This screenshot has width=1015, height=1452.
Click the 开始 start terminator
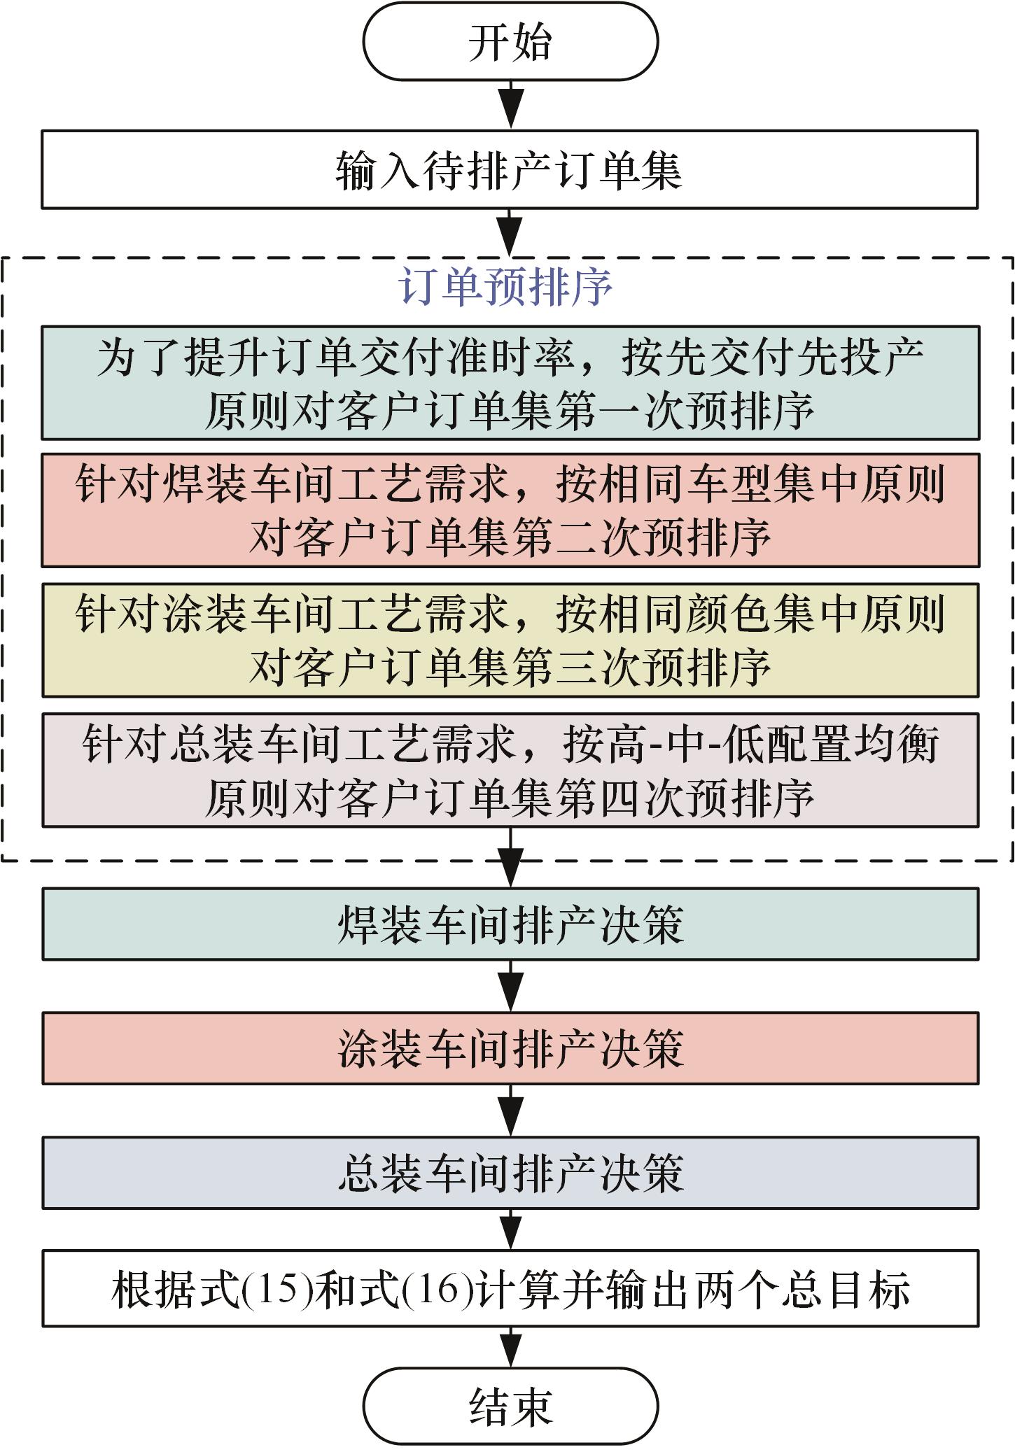(510, 41)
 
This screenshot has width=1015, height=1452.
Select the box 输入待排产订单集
(510, 169)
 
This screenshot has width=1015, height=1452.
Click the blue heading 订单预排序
(505, 286)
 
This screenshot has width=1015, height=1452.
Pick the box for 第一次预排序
(510, 383)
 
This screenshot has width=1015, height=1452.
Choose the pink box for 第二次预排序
(510, 510)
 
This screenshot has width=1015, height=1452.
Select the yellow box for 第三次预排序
(510, 640)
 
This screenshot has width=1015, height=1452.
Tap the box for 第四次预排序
(510, 770)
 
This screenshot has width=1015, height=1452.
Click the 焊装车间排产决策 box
(510, 924)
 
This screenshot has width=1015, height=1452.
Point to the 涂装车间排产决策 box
(510, 1048)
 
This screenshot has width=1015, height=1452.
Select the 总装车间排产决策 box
(510, 1173)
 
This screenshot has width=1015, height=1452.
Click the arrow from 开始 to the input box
(511, 105)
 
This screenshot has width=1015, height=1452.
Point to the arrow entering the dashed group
(511, 233)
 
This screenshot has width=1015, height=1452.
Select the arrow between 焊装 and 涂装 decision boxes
(511, 986)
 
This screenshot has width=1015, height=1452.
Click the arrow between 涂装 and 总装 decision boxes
(511, 1111)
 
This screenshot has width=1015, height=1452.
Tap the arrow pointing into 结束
(511, 1347)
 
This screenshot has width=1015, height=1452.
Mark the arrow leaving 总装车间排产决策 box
(511, 1230)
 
